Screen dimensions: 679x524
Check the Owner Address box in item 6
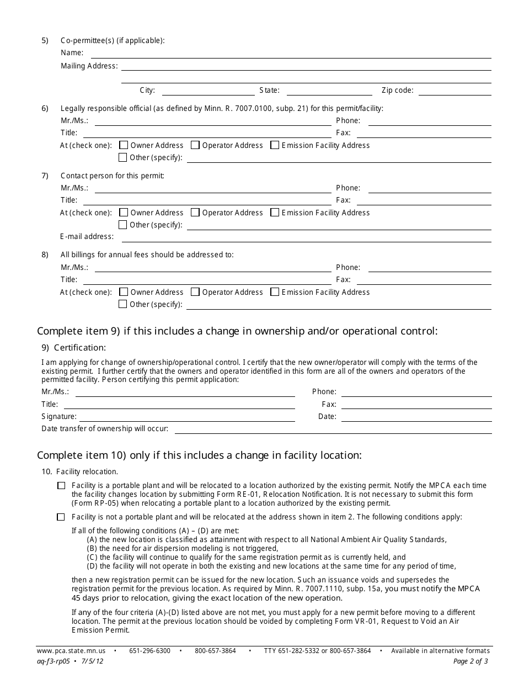124,145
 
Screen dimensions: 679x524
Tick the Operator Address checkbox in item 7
195,213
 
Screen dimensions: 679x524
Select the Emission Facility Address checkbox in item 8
275,292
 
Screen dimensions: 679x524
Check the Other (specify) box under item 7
124,225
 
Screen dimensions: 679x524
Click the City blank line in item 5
208,91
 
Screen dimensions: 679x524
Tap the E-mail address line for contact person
306,237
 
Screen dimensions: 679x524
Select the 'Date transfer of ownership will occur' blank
333,429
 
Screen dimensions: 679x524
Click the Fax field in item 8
429,280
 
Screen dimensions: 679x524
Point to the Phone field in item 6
429,121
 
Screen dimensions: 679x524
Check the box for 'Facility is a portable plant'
61,486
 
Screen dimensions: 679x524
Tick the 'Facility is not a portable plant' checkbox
61,517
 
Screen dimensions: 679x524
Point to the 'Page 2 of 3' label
470,661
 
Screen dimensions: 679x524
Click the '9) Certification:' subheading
73,348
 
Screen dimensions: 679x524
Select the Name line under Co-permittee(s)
291,54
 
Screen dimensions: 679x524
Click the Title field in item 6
207,133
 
